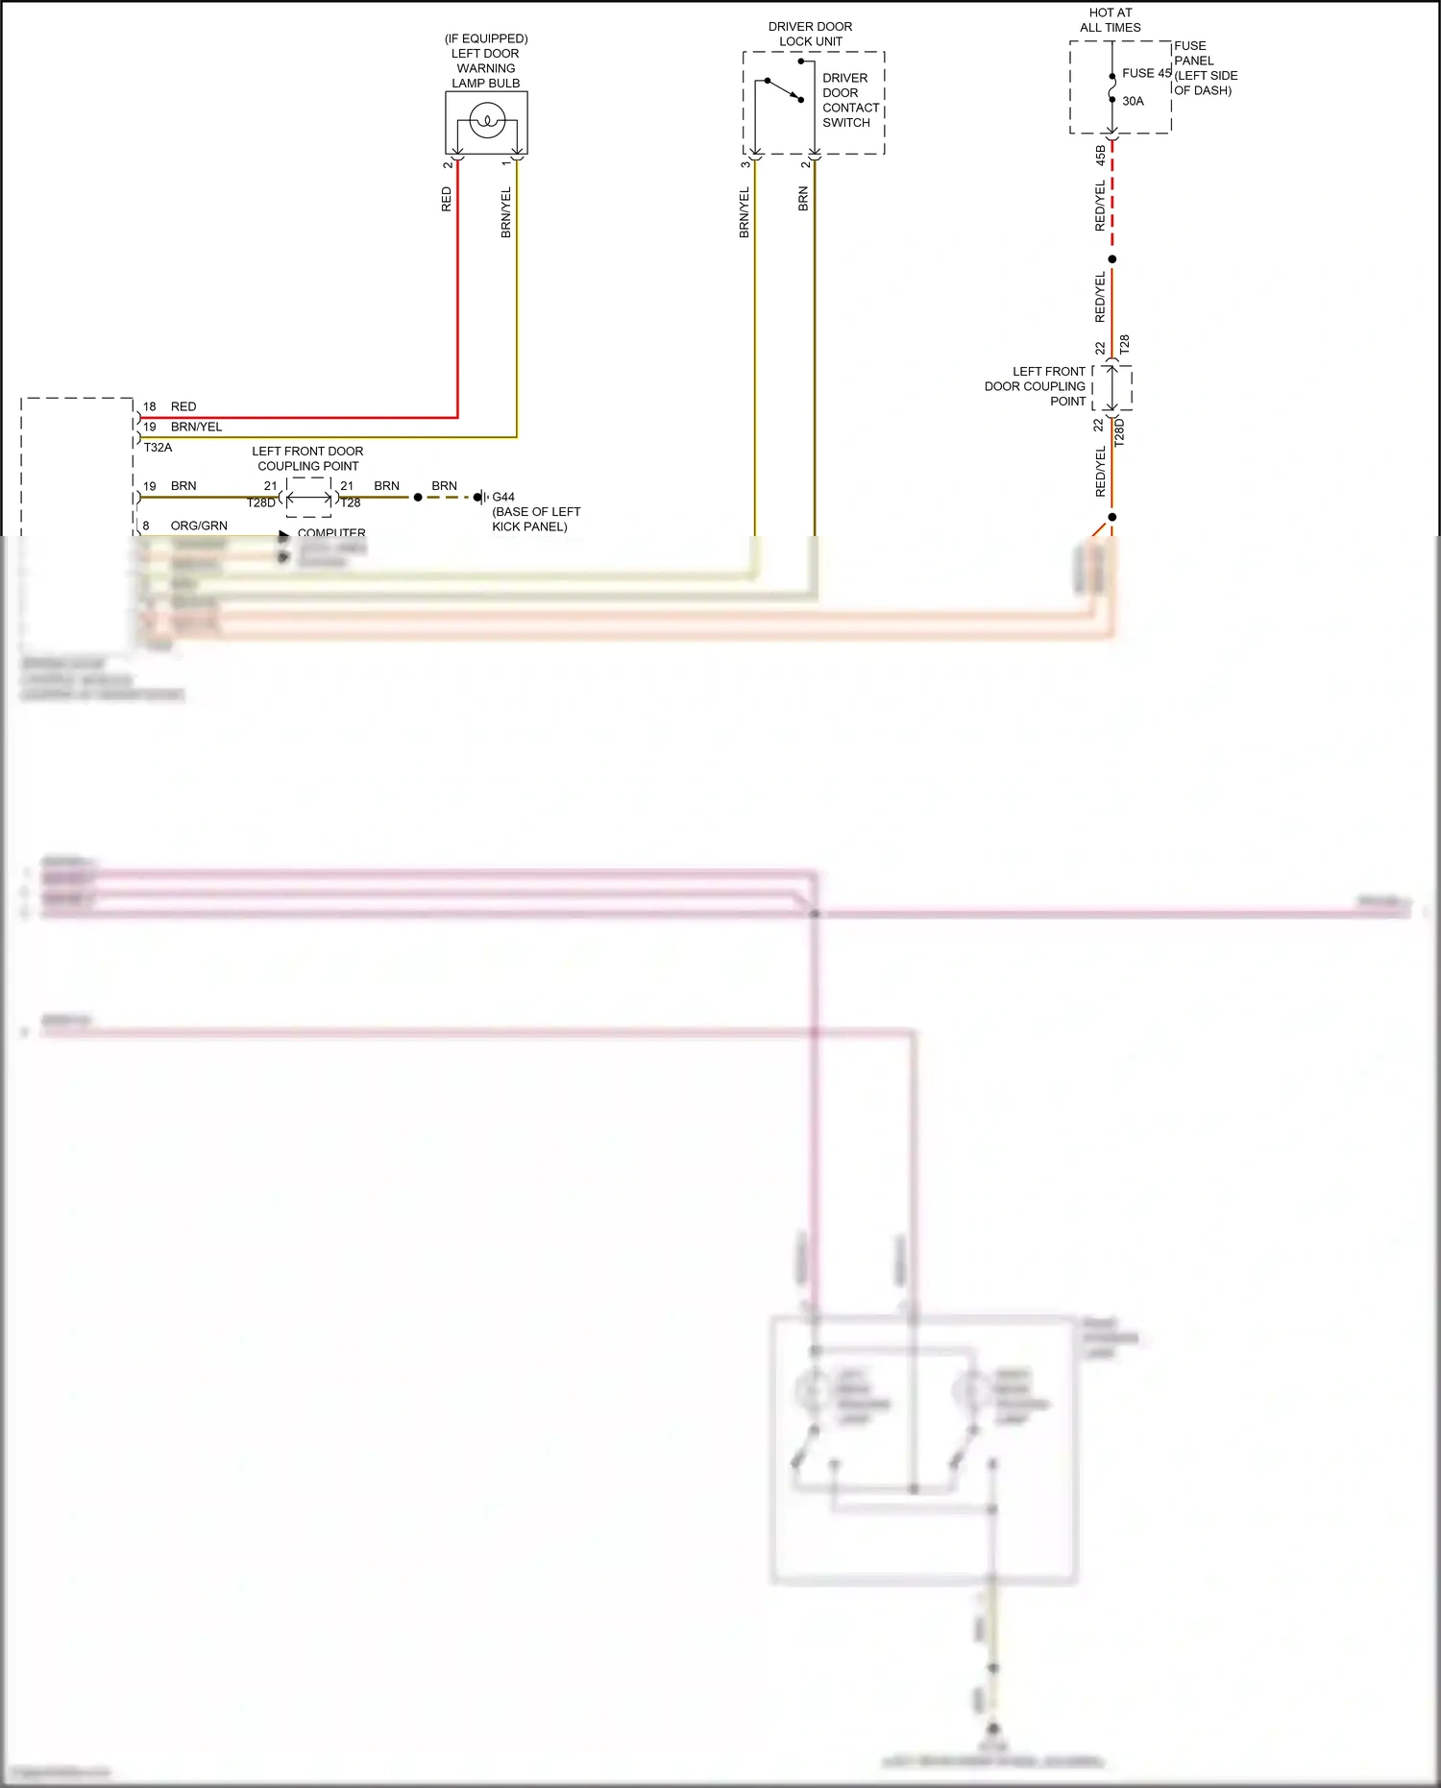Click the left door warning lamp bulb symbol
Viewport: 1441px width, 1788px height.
tap(487, 122)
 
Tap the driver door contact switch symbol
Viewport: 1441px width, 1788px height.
tap(784, 89)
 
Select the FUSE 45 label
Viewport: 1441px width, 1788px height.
tap(1146, 73)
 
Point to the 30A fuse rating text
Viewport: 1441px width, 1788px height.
tap(1133, 101)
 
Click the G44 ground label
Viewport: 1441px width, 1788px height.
tap(503, 497)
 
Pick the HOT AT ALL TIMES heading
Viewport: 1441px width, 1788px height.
tap(1111, 20)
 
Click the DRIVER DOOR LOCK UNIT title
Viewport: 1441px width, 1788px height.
tap(810, 34)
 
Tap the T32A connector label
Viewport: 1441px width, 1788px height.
tap(158, 447)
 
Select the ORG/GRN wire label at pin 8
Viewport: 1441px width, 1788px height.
tap(199, 526)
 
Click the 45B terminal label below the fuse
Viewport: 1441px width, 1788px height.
tap(1100, 155)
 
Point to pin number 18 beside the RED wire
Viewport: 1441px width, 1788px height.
tap(149, 406)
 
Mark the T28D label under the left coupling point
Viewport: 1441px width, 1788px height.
tap(261, 502)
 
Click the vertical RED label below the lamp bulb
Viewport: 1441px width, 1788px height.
tap(446, 199)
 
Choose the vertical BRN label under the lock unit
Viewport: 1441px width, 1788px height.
tap(803, 199)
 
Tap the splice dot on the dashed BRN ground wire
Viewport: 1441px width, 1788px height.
tap(418, 497)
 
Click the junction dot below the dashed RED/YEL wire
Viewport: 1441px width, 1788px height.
tap(1112, 259)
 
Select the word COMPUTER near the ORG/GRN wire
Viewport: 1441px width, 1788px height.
tap(331, 532)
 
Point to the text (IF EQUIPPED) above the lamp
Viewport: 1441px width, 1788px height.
tap(486, 38)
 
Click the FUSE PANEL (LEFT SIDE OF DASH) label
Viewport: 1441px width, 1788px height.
tap(1205, 68)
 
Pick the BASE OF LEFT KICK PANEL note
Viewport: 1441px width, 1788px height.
tap(536, 519)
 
